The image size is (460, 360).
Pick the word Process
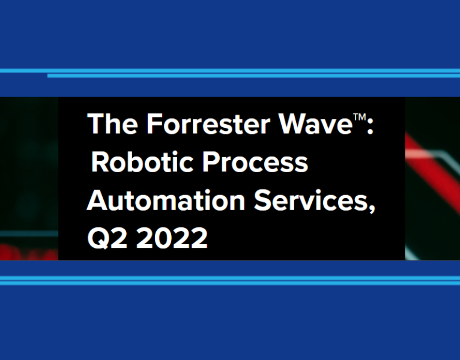point(259,163)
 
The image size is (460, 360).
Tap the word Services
point(312,201)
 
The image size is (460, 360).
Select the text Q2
point(107,239)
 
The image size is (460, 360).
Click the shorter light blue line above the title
point(252,76)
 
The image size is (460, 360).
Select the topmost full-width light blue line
point(230,70)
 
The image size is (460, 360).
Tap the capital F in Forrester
point(154,124)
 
